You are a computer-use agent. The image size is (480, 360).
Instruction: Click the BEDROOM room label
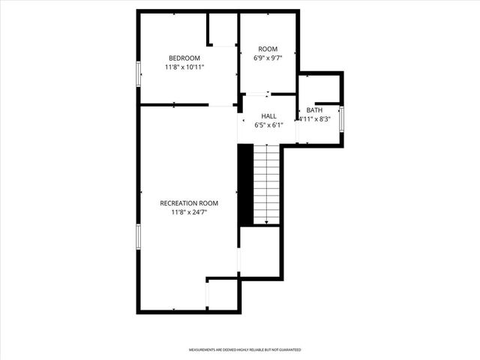(x=184, y=58)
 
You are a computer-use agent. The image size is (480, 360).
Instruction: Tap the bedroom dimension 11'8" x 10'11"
(x=184, y=67)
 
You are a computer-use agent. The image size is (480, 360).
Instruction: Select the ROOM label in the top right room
(x=268, y=49)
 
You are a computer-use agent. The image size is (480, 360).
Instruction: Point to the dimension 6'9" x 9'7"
(x=268, y=58)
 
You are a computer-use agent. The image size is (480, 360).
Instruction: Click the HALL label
(x=268, y=116)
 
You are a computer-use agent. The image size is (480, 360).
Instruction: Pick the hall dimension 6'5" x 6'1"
(x=268, y=125)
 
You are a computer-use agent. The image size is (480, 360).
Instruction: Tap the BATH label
(x=315, y=110)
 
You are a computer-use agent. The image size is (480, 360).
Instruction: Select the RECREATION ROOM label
(x=189, y=203)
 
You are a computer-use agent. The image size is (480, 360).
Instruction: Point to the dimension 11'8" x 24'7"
(x=189, y=212)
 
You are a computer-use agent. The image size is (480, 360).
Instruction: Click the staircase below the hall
(x=266, y=184)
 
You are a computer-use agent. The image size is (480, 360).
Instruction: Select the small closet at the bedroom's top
(x=223, y=30)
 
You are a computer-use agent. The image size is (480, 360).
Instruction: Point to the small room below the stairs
(x=259, y=251)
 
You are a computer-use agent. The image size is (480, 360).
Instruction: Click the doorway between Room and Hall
(x=257, y=94)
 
